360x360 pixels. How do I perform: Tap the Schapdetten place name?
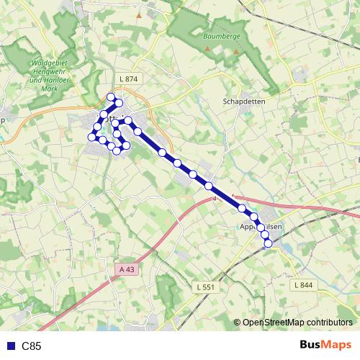coord(245,102)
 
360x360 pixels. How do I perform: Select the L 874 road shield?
coord(131,78)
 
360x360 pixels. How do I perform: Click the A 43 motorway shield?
coord(126,269)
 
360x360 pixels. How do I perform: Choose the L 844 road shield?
coord(302,286)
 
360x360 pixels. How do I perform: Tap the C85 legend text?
coord(32,346)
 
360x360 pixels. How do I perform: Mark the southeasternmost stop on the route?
coord(269,243)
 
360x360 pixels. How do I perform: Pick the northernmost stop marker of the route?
coord(111,97)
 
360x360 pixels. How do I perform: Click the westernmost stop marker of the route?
coord(92,137)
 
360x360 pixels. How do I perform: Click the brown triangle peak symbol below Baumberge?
coord(207,49)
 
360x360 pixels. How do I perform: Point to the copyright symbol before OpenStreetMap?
coord(237,323)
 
